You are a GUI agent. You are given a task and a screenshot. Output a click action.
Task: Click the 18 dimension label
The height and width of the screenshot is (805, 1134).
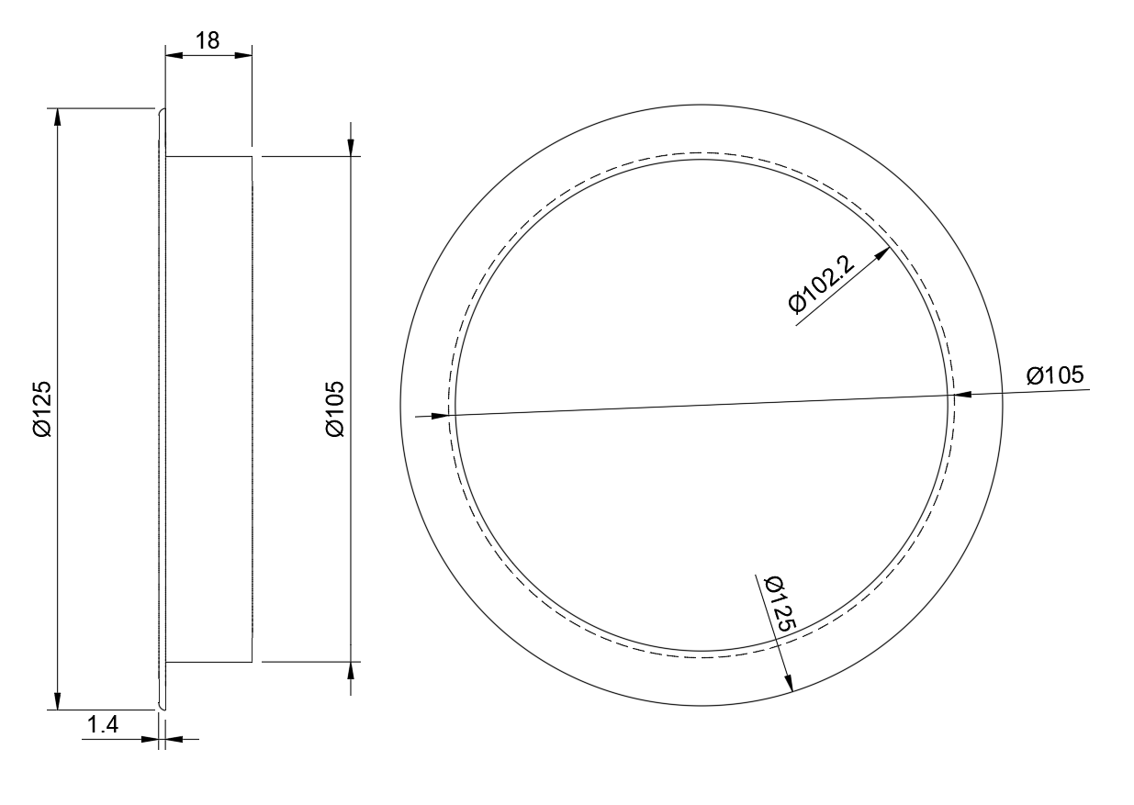click(208, 40)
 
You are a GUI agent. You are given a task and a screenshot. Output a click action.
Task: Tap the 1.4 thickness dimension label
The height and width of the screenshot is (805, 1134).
click(103, 725)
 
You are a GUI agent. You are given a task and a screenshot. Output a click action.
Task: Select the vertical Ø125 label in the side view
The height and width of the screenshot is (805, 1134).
click(42, 408)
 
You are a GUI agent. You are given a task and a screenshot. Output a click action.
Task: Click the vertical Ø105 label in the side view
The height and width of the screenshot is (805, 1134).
click(335, 408)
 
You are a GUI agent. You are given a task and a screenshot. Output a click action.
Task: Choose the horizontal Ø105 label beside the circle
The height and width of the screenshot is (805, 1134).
click(1056, 375)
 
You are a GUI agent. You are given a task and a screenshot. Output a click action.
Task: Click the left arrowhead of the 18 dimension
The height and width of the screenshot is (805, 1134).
click(174, 55)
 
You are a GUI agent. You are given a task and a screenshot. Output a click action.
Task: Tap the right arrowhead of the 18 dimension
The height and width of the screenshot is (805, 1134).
click(243, 55)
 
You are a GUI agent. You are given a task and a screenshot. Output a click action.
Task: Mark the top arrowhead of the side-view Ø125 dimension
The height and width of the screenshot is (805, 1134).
click(58, 117)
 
